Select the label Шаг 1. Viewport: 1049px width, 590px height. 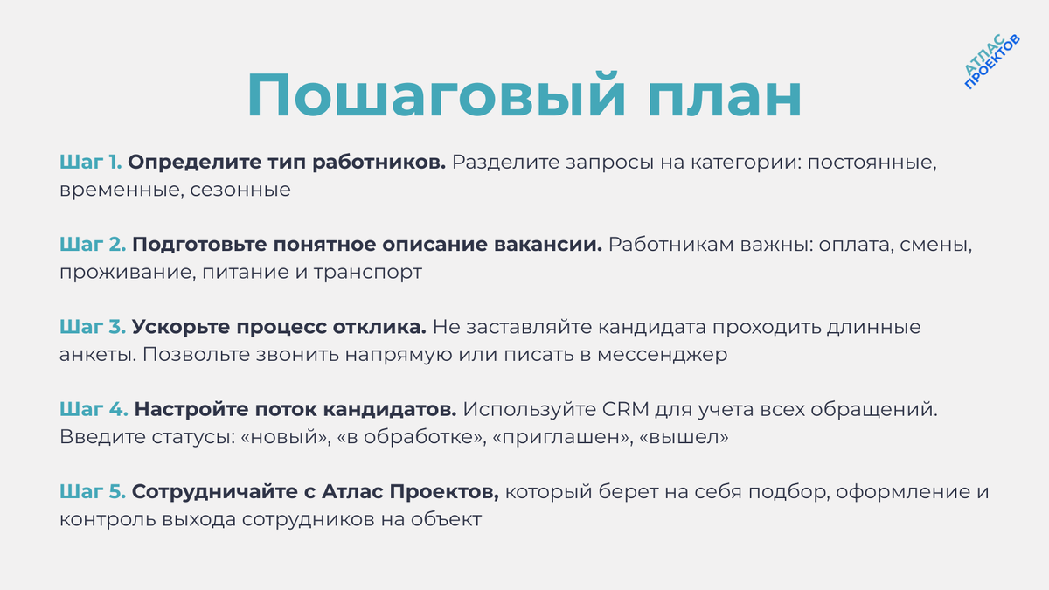point(92,163)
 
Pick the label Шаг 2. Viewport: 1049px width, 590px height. point(93,245)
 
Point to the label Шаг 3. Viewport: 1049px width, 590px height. point(93,328)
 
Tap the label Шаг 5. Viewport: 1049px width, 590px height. point(93,492)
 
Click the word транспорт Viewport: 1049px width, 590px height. point(372,272)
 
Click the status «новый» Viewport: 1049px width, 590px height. point(283,437)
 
